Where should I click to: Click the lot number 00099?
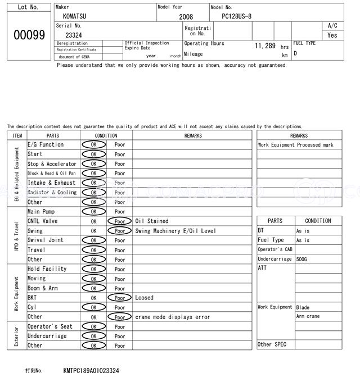(x=29, y=35)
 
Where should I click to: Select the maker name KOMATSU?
(x=75, y=17)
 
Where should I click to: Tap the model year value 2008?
(x=186, y=17)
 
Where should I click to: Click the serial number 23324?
(x=74, y=35)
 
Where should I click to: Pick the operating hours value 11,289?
(x=264, y=46)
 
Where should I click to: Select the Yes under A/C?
(x=332, y=35)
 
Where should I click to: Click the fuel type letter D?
(x=295, y=53)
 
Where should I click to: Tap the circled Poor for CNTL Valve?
(x=120, y=221)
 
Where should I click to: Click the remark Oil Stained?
(x=151, y=221)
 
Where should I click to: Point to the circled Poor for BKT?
(x=120, y=298)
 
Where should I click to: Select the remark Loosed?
(x=144, y=298)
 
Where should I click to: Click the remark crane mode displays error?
(x=172, y=317)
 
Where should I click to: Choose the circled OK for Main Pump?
(x=93, y=212)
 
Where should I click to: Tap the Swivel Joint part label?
(x=45, y=240)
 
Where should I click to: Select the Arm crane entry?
(x=308, y=316)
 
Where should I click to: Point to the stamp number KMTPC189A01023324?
(x=91, y=371)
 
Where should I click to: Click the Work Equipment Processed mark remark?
(x=295, y=145)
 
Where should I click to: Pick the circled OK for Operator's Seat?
(x=93, y=326)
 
